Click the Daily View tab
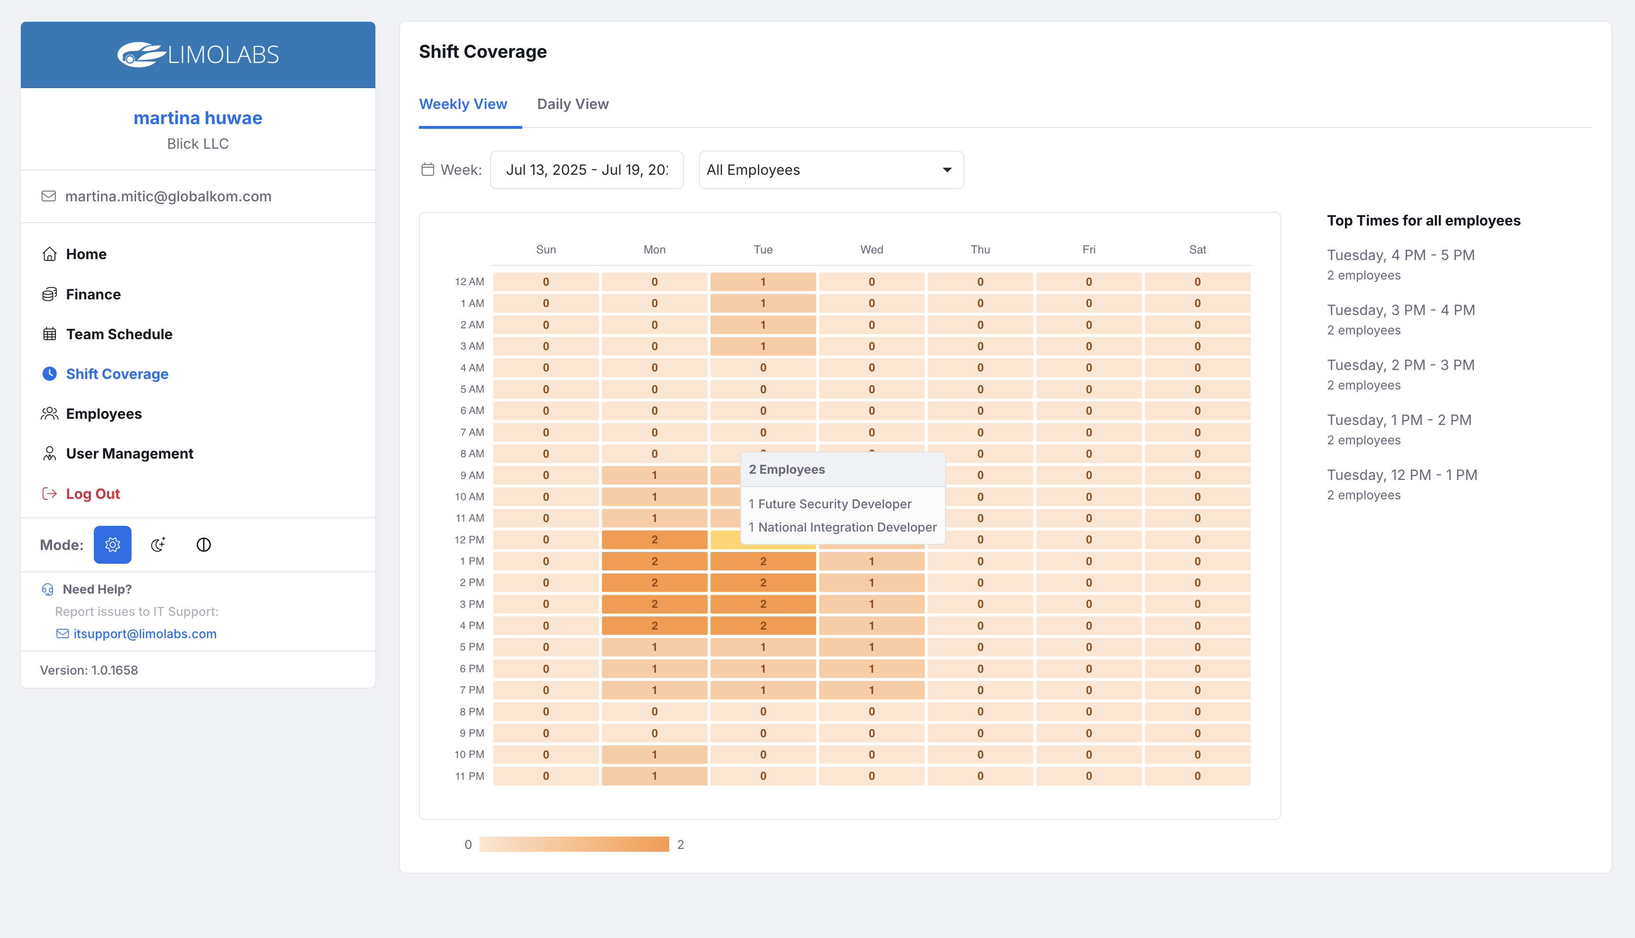pyautogui.click(x=572, y=104)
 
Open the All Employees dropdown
pyautogui.click(x=830, y=170)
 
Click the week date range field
pyautogui.click(x=586, y=170)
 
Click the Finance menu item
pyautogui.click(x=93, y=294)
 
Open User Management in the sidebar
pyautogui.click(x=129, y=453)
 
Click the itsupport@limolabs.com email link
pyautogui.click(x=145, y=633)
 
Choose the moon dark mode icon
pyautogui.click(x=158, y=545)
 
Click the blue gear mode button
pyautogui.click(x=112, y=545)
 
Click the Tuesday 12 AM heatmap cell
pyautogui.click(x=763, y=281)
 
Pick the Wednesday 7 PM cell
pyautogui.click(x=872, y=690)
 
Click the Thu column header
pyautogui.click(x=980, y=249)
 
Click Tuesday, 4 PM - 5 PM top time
pyautogui.click(x=1400, y=255)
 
